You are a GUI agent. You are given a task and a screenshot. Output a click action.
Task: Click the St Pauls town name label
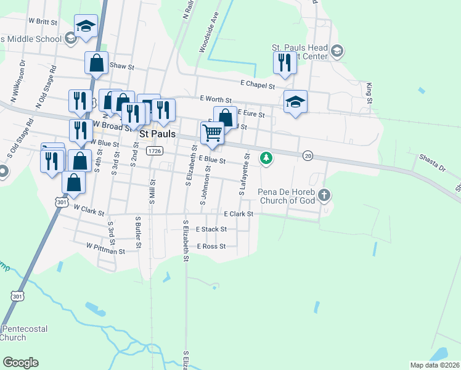[158, 133]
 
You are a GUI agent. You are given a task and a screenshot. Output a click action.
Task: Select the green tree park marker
[266, 158]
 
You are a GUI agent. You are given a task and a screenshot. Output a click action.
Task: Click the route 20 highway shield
[308, 156]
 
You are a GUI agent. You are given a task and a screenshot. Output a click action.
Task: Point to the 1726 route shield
[155, 150]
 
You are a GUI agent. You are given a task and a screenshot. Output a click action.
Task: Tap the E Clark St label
[239, 214]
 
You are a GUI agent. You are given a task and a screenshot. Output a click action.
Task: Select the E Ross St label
[211, 246]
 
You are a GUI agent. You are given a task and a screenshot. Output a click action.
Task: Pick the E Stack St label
[211, 229]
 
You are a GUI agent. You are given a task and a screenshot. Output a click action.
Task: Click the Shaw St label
[121, 65]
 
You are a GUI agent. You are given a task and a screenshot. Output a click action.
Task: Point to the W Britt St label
[43, 21]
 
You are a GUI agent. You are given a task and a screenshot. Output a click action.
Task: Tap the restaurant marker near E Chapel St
[284, 62]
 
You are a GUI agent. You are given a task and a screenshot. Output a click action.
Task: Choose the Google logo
[20, 363]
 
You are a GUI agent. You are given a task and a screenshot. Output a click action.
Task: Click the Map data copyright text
[434, 365]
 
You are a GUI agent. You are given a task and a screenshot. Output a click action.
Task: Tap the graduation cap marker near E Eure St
[296, 102]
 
